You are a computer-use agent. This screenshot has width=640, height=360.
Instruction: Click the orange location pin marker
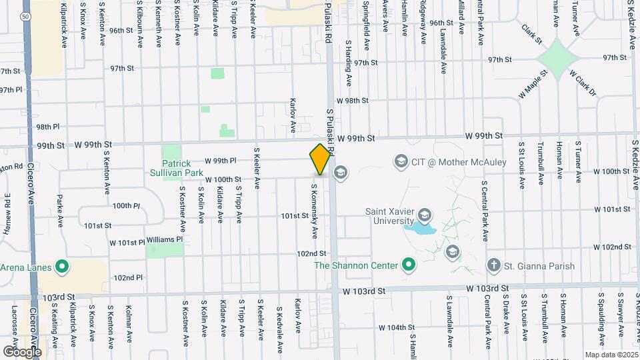click(320, 159)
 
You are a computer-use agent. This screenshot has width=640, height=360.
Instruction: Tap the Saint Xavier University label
click(390, 217)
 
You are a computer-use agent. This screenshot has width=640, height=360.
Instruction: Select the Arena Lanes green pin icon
click(62, 268)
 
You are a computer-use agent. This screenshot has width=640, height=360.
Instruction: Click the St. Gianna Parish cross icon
click(493, 265)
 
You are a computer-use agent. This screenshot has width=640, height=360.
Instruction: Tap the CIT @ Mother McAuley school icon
click(401, 161)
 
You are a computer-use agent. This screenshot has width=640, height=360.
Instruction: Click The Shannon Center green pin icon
click(409, 265)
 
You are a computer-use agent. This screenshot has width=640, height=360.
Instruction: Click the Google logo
click(21, 351)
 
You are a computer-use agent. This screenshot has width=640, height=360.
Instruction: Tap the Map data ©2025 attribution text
click(611, 355)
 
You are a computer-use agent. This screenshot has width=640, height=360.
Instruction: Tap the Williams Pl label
click(165, 239)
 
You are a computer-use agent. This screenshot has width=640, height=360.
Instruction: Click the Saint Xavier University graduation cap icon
click(425, 215)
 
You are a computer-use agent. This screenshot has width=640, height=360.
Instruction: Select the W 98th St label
click(353, 101)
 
